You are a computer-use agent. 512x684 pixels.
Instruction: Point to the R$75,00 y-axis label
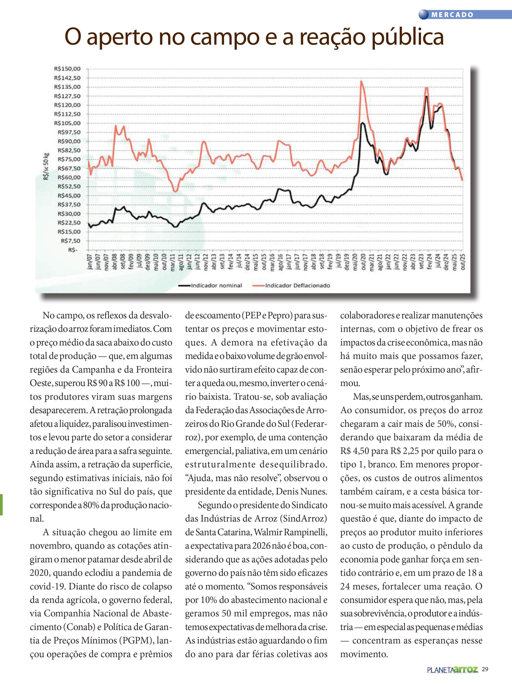pos(69,159)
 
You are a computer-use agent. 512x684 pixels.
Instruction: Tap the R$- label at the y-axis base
pos(73,250)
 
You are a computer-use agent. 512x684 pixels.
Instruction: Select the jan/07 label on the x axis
pos(90,262)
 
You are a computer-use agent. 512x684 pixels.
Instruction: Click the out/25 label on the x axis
pos(463,262)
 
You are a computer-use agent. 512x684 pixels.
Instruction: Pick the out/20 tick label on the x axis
pos(363,262)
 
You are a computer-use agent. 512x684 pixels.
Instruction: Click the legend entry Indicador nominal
pos(216,285)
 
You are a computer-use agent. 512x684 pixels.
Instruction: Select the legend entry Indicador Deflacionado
pos(297,285)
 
